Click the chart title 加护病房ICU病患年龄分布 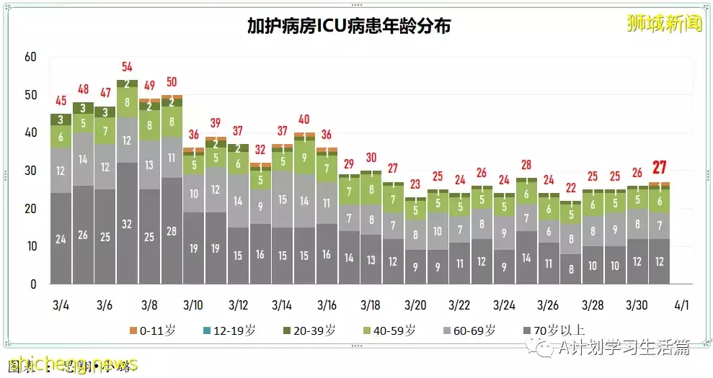coord(349,27)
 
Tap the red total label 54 coord(127,67)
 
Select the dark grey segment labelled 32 coord(127,223)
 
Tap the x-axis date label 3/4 coord(61,304)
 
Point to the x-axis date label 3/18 coord(371,304)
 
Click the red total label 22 coord(570,188)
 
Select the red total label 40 coord(304,120)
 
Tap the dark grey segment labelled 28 coord(172,230)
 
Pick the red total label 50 coord(172,82)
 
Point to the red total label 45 coord(61,101)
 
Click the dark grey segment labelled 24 coord(61,239)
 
